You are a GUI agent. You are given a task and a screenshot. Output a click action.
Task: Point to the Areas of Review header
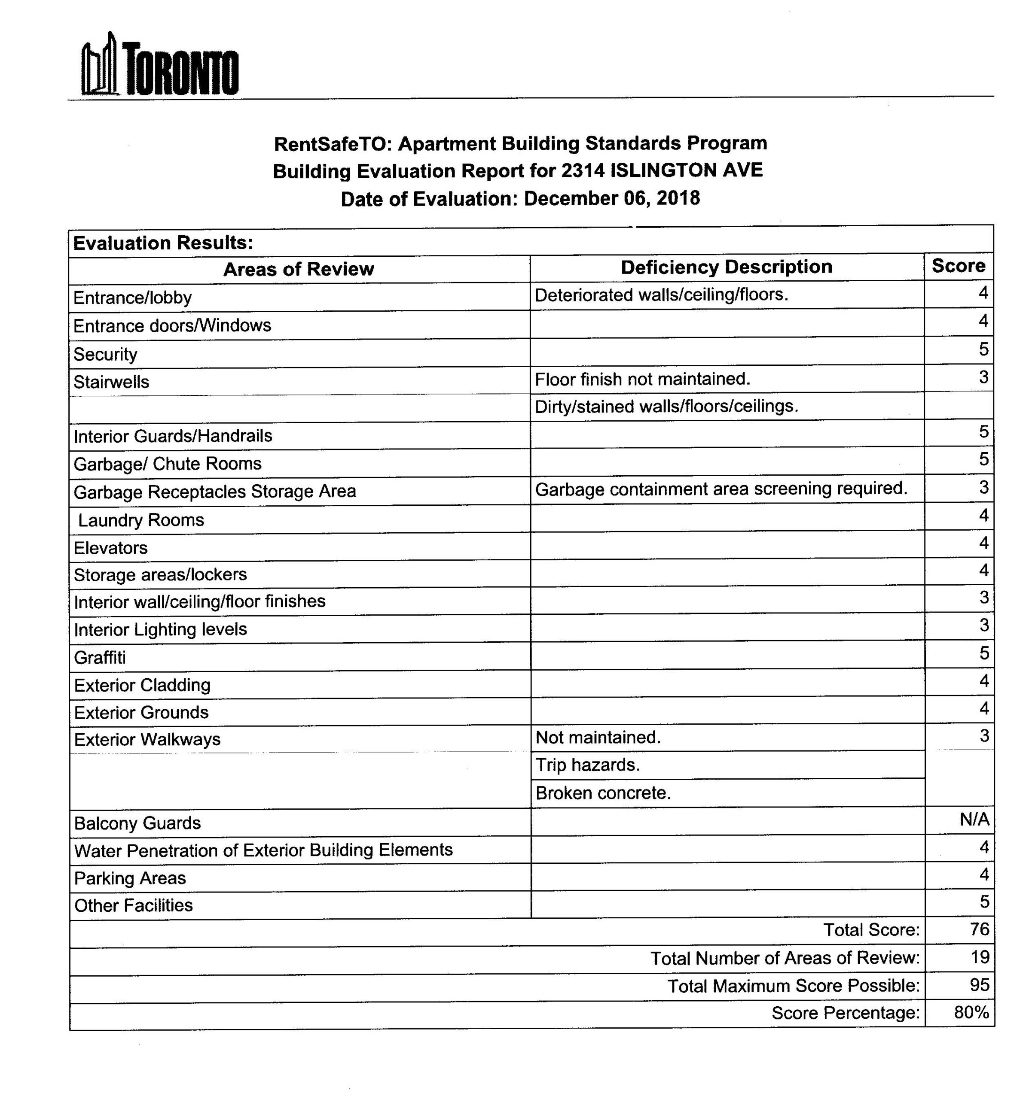pos(298,269)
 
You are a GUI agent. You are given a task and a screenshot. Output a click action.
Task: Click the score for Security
pos(983,349)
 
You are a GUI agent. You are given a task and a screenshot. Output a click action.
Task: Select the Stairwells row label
pos(111,382)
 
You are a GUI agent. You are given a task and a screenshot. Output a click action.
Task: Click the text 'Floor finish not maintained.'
pos(642,379)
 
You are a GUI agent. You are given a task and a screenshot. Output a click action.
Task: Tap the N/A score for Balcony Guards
pos(974,819)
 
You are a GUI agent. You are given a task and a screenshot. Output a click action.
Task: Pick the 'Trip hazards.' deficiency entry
pos(587,765)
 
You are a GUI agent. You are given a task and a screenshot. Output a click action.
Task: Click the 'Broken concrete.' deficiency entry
pos(602,793)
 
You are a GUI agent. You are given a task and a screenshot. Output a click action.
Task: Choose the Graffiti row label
pos(100,657)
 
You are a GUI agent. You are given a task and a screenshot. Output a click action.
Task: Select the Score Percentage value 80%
pos(971,1012)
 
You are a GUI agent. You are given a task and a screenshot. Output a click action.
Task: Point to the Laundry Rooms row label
pos(140,520)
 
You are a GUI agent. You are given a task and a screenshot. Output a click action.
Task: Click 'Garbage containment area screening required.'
pos(721,489)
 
